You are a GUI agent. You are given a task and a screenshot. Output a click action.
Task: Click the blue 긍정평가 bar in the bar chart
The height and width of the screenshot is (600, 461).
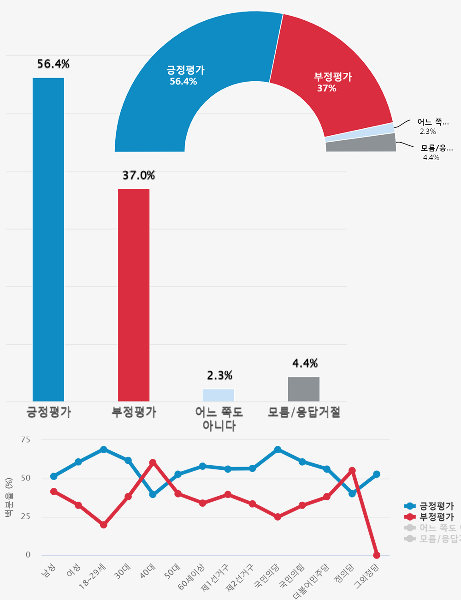(48, 240)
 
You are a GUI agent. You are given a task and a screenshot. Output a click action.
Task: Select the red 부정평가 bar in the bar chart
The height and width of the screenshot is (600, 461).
(134, 295)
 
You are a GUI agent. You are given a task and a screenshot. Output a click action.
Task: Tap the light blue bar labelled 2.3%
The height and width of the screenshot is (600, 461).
(219, 395)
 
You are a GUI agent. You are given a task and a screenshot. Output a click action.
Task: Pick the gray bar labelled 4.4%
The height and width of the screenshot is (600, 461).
(304, 389)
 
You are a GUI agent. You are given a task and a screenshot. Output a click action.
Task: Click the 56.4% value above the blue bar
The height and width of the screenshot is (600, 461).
(53, 64)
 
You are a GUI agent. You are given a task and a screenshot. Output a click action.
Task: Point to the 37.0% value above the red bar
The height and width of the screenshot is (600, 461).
(139, 175)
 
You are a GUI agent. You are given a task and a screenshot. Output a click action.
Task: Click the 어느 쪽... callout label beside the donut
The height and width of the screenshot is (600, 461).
(432, 122)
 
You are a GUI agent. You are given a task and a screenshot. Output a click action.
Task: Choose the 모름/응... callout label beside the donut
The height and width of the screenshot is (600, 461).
(437, 148)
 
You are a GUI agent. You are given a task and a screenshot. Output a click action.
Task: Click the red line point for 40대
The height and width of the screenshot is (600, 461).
(153, 462)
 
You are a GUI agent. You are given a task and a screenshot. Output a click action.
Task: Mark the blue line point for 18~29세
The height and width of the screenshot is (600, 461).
(104, 450)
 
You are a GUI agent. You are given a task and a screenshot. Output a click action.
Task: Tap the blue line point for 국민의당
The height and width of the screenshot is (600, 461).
(278, 450)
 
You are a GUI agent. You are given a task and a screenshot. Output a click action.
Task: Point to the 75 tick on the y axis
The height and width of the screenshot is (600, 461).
(26, 440)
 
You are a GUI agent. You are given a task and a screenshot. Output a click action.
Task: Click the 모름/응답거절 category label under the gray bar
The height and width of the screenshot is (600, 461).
(304, 412)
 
